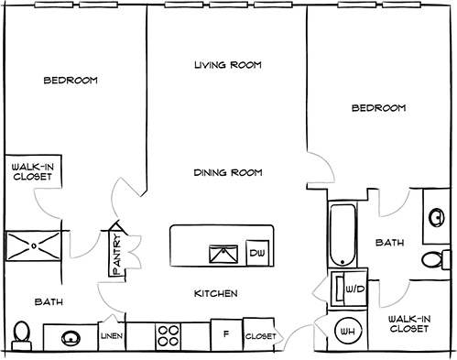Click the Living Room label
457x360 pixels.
[228, 65]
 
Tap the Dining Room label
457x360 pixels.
[228, 171]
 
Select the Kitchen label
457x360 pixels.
[217, 293]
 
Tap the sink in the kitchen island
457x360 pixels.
[221, 253]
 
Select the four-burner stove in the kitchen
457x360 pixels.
[168, 336]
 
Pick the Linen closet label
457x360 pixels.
[111, 337]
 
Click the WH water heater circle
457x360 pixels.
[348, 331]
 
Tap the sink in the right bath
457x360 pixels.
[434, 217]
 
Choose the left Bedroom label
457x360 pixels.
[71, 81]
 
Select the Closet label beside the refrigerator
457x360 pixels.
[260, 337]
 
